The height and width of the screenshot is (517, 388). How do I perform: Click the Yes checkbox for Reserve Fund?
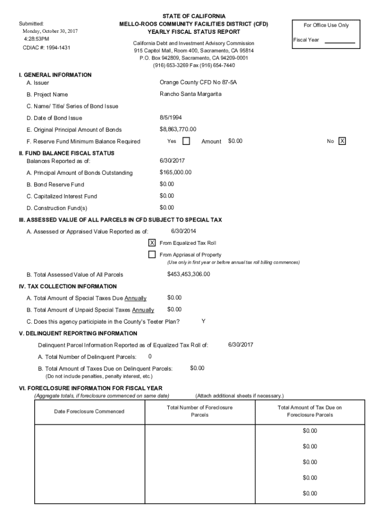(186, 141)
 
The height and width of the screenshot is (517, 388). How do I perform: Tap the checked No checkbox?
(342, 141)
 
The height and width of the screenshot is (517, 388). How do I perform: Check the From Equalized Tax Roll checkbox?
(152, 243)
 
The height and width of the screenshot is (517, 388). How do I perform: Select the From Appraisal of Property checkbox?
(152, 254)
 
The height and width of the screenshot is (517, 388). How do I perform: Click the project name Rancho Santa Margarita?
(190, 94)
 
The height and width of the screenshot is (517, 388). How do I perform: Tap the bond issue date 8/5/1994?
(171, 118)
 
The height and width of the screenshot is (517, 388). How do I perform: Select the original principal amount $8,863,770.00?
(178, 129)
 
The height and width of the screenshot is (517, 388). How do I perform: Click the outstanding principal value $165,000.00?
(175, 172)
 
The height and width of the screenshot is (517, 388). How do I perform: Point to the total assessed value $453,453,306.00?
(188, 274)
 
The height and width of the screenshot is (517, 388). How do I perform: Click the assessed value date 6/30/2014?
(183, 231)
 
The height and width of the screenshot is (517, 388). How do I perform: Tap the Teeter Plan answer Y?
(203, 321)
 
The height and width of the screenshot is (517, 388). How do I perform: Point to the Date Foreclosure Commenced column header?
(89, 411)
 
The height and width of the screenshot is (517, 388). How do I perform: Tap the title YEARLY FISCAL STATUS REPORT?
(193, 31)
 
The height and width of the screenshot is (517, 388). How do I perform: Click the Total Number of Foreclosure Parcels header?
(200, 411)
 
